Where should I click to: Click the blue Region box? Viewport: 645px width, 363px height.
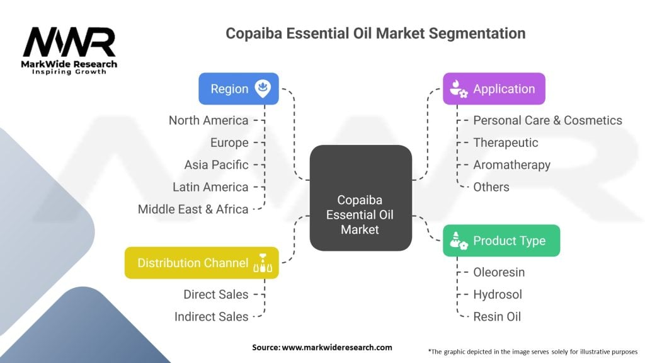tap(239, 89)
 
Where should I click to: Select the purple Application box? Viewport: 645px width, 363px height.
tap(494, 89)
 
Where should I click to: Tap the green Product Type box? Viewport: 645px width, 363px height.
tap(501, 241)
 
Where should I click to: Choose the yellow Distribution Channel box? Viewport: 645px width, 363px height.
tap(202, 263)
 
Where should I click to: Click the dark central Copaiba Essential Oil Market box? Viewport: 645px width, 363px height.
tap(361, 198)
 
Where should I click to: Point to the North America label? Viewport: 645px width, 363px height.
tap(208, 120)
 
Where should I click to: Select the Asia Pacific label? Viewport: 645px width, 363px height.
tap(217, 164)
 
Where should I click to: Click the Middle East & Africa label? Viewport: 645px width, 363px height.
tap(193, 209)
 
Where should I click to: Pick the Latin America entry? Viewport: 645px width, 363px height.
tap(210, 187)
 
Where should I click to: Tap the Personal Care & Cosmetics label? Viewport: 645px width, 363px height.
tap(547, 120)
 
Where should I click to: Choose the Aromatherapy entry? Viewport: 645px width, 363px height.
tap(511, 165)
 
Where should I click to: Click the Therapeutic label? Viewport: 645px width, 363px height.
tap(506, 143)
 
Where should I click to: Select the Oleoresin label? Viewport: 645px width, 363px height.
tap(499, 272)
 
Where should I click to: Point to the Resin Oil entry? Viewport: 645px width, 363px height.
tap(497, 316)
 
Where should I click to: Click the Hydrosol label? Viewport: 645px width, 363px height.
tap(498, 294)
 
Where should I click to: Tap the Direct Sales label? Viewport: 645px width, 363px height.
tap(216, 294)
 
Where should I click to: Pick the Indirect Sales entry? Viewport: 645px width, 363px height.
tap(212, 316)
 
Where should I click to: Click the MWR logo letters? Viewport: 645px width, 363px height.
tap(69, 42)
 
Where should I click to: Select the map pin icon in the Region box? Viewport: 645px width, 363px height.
tap(263, 88)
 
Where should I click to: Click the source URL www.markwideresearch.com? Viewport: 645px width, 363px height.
tap(337, 347)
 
